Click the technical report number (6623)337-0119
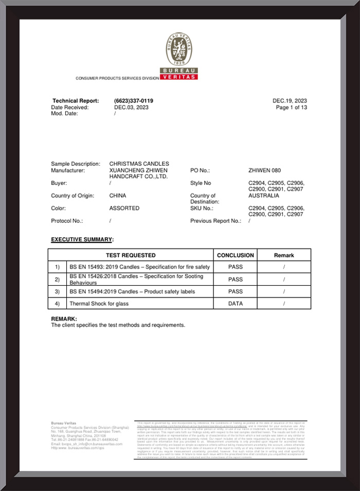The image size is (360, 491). coord(134,101)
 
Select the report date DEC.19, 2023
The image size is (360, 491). coord(290,101)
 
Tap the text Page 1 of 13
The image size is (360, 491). coord(291,108)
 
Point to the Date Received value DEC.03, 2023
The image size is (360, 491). coord(131,108)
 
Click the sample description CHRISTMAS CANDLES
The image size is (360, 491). coord(139,164)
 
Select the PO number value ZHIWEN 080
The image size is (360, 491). coord(264,170)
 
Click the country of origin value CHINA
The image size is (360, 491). coord(118,196)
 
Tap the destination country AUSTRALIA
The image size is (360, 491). coord(264,196)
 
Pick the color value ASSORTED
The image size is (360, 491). coord(124,208)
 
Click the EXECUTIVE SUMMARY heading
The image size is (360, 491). coord(81,240)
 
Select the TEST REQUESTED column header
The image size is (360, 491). coord(131,255)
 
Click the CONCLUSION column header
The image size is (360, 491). coord(235,255)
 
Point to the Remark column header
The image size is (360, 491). coord(284,255)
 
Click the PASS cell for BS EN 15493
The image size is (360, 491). coord(235,267)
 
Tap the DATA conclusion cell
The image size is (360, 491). coord(235,304)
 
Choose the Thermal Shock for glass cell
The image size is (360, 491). coord(99,304)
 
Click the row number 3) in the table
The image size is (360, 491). coord(58,292)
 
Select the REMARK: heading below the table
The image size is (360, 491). coord(64,319)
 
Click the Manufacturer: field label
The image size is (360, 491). coord(68,170)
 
